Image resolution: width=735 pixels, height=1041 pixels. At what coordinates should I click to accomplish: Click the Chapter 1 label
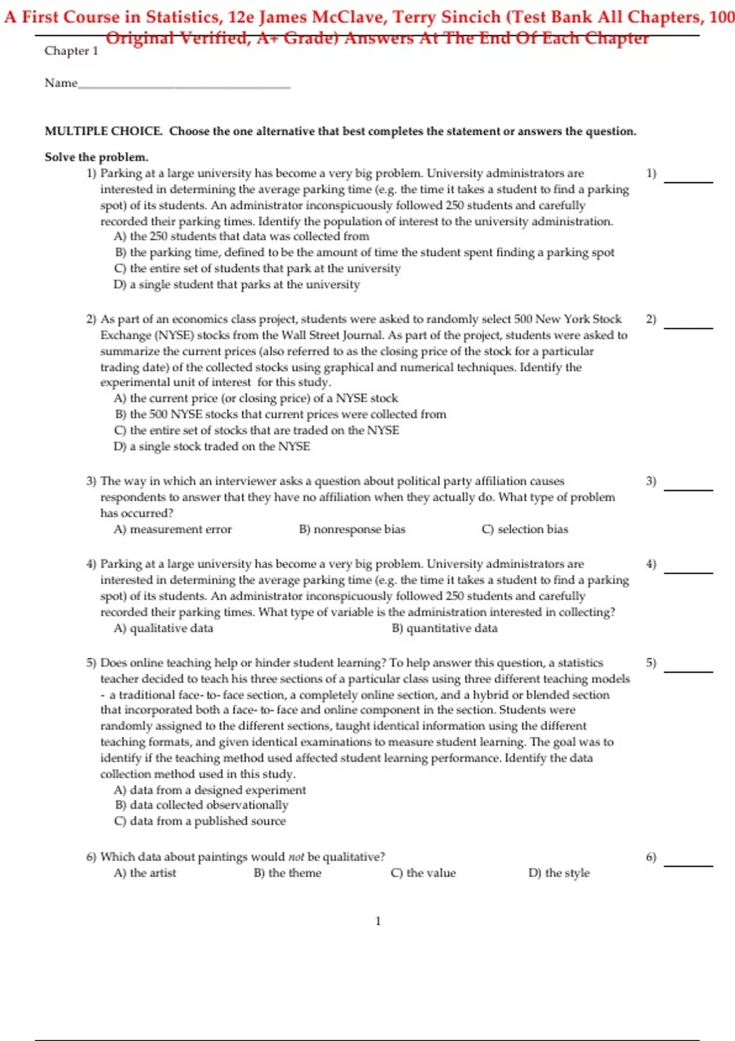[x=71, y=51]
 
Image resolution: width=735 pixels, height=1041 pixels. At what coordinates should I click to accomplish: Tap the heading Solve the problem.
[x=96, y=157]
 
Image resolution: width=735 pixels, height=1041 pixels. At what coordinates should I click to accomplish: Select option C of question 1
[x=257, y=268]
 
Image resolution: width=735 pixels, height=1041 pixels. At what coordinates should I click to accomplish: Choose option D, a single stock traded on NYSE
[x=212, y=446]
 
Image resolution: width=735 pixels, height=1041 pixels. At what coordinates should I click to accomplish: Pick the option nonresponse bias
[x=352, y=529]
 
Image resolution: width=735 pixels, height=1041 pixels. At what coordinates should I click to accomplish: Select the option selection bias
[x=525, y=529]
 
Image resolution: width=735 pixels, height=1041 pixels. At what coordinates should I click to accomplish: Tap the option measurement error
[x=173, y=529]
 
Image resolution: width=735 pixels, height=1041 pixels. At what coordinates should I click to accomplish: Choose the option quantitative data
[x=445, y=628]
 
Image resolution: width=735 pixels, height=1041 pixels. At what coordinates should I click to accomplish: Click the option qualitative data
[x=164, y=628]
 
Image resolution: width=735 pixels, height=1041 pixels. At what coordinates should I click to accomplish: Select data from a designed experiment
[x=210, y=790]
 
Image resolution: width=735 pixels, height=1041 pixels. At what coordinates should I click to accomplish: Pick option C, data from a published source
[x=200, y=821]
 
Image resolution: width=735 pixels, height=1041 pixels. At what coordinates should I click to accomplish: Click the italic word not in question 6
[x=296, y=857]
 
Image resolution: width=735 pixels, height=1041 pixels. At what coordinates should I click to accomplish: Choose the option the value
[x=423, y=873]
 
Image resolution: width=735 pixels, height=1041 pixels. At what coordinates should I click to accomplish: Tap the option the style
[x=559, y=873]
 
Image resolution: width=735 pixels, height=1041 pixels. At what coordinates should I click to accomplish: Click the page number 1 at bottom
[x=378, y=921]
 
